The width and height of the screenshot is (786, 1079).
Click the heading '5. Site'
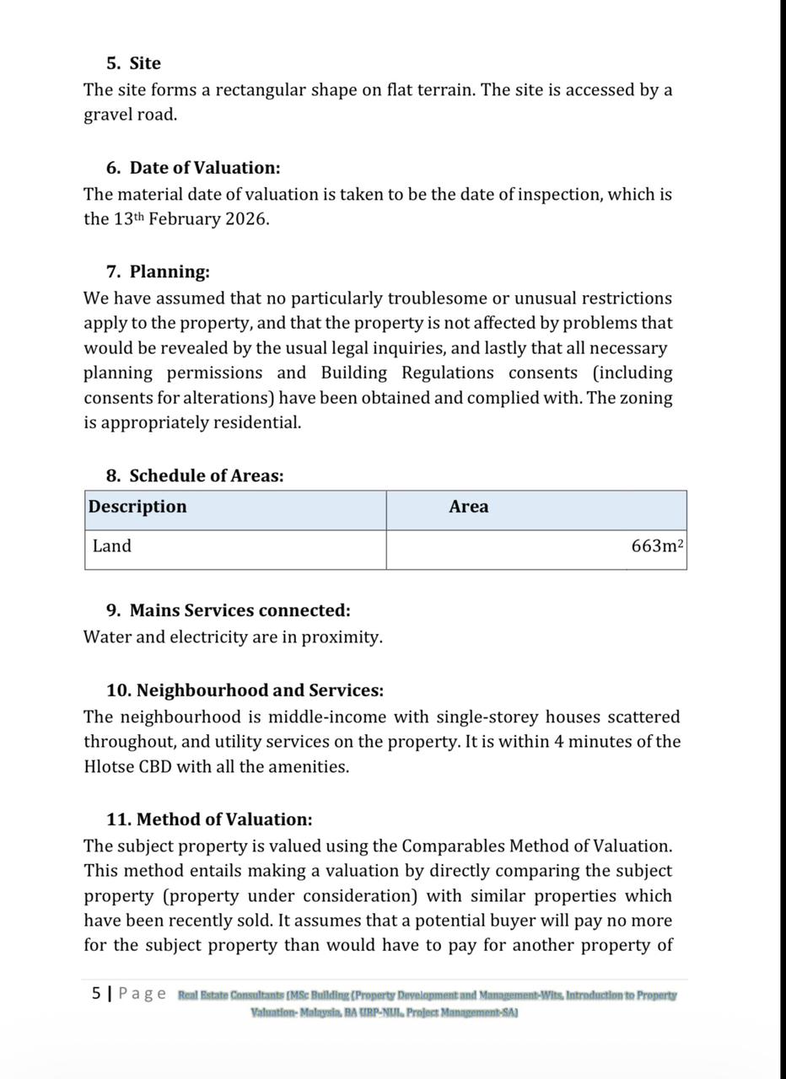coord(133,63)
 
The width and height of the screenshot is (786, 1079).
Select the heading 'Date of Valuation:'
coord(204,168)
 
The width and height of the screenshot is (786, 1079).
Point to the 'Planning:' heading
coord(169,271)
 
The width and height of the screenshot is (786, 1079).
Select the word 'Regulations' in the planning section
coord(448,373)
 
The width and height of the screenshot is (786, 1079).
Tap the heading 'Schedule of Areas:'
coord(206,475)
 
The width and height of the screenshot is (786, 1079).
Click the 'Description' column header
coord(137,507)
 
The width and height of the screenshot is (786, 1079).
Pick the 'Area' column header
coord(468,507)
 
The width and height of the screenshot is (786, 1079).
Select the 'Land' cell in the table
coord(112,546)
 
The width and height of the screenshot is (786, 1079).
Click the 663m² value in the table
coord(657,546)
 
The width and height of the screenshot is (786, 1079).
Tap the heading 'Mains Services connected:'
coord(240,610)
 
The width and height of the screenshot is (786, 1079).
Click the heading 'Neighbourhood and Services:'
coord(260,690)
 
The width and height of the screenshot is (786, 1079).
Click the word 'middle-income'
coord(327,717)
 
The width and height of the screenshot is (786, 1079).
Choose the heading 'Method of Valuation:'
coord(223,819)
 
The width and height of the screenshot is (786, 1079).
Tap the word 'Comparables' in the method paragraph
coord(454,845)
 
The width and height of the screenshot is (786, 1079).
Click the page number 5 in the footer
coord(96,993)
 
